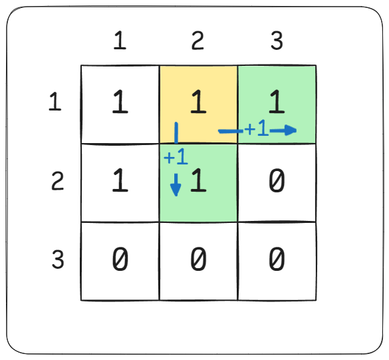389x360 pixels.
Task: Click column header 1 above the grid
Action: click(x=120, y=40)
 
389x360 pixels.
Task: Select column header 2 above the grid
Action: click(x=197, y=40)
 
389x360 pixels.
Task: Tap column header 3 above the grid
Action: click(x=277, y=40)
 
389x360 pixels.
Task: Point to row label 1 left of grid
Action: click(x=55, y=101)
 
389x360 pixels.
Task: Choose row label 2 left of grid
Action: click(x=58, y=181)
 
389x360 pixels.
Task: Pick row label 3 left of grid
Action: click(x=58, y=260)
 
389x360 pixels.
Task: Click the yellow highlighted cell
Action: click(x=198, y=104)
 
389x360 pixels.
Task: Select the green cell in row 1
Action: click(x=277, y=104)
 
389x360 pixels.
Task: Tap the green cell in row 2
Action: click(x=198, y=183)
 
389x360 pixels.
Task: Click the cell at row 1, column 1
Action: click(x=120, y=104)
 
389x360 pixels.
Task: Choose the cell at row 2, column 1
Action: click(x=120, y=183)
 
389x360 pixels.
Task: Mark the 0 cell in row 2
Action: click(x=277, y=183)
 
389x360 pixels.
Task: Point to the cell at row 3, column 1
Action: click(x=120, y=262)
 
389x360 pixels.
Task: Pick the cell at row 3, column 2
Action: click(x=198, y=262)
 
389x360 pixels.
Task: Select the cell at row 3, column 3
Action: click(x=277, y=262)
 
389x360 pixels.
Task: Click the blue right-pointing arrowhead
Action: click(x=291, y=130)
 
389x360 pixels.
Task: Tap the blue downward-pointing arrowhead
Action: click(x=176, y=190)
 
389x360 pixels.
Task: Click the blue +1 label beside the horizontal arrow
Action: click(x=257, y=128)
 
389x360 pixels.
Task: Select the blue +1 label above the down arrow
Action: click(x=176, y=156)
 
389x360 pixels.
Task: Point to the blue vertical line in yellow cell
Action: click(x=176, y=133)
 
